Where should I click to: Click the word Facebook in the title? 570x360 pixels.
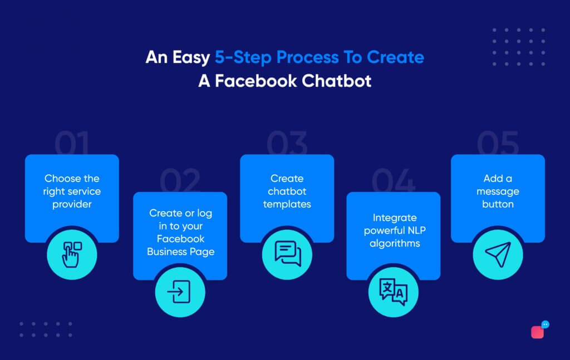[256, 81]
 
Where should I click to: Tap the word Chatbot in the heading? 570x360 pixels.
[337, 81]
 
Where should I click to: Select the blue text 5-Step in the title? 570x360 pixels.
[243, 58]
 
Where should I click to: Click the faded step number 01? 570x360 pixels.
[72, 143]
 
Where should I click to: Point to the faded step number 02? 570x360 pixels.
[180, 180]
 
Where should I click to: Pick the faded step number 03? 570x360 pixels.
[287, 143]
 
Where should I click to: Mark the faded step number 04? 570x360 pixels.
[394, 180]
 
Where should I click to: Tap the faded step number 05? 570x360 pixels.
[498, 143]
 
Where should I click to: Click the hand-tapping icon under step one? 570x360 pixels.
[72, 254]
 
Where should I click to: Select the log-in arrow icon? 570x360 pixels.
[179, 292]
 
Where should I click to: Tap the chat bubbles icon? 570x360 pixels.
[288, 253]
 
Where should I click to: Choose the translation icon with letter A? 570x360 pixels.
[394, 292]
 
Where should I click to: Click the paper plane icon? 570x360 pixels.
[498, 254]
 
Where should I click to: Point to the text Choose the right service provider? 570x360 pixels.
[72, 191]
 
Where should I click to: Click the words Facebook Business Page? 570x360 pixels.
[181, 245]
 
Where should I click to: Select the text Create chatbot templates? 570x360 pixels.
[287, 191]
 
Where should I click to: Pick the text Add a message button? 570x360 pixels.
[498, 191]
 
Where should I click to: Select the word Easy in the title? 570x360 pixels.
[191, 58]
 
